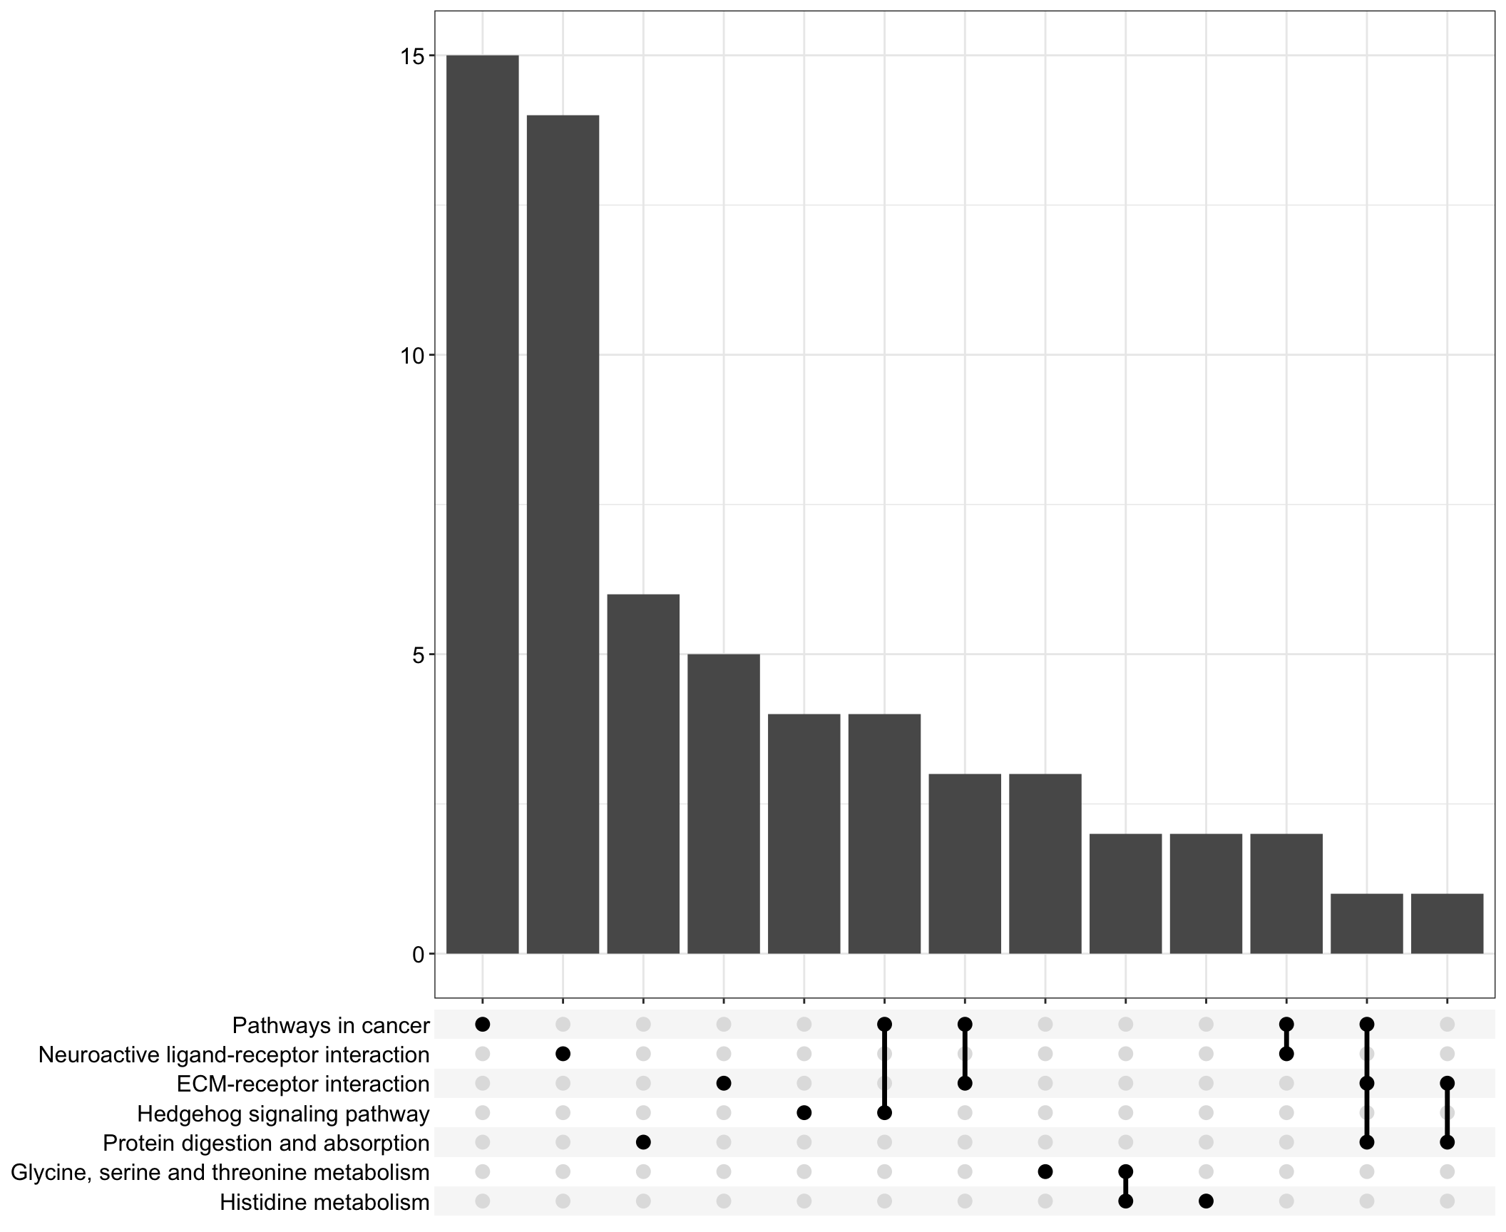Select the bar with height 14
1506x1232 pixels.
563,534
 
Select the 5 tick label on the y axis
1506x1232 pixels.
419,654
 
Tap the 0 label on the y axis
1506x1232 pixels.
419,954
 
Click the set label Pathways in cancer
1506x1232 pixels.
331,1026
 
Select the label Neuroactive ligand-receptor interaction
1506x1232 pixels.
234,1054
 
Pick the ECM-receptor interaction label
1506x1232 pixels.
303,1084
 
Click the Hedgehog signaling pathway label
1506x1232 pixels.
283,1114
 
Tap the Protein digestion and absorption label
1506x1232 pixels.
266,1143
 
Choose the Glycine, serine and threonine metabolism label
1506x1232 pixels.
220,1172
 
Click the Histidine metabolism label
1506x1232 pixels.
324,1202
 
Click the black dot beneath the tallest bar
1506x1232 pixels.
482,1025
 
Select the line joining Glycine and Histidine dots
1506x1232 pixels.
1125,1187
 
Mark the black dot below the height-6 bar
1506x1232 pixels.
643,1142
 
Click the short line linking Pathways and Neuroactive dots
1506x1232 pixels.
1286,1039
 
